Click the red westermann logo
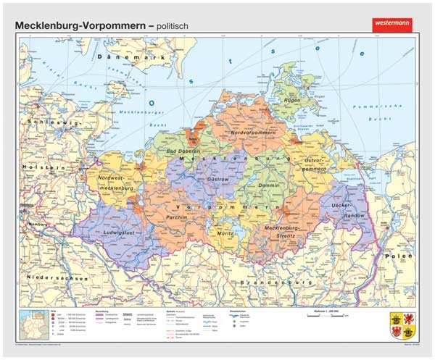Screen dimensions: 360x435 click(391, 24)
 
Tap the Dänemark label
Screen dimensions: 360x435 click(127, 56)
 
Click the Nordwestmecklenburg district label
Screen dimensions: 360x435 click(118, 184)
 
